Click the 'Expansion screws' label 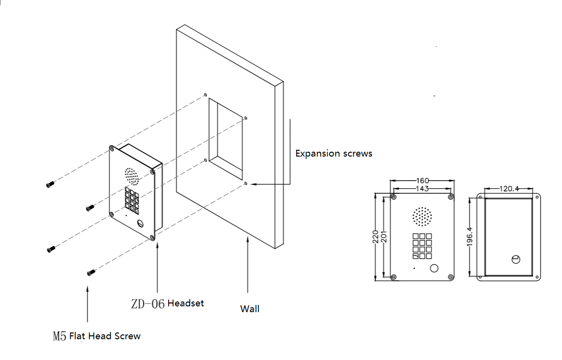coord(333,154)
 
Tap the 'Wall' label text coord(249,309)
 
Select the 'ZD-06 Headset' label coord(167,303)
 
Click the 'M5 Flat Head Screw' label coord(97,336)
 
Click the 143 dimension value coord(422,189)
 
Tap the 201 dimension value coord(384,237)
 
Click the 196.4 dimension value coord(469,237)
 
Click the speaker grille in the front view coord(422,217)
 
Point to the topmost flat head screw coord(50,184)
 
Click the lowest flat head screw coord(90,273)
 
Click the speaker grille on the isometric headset coord(131,176)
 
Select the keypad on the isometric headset coord(131,199)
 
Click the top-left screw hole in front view coord(394,197)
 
